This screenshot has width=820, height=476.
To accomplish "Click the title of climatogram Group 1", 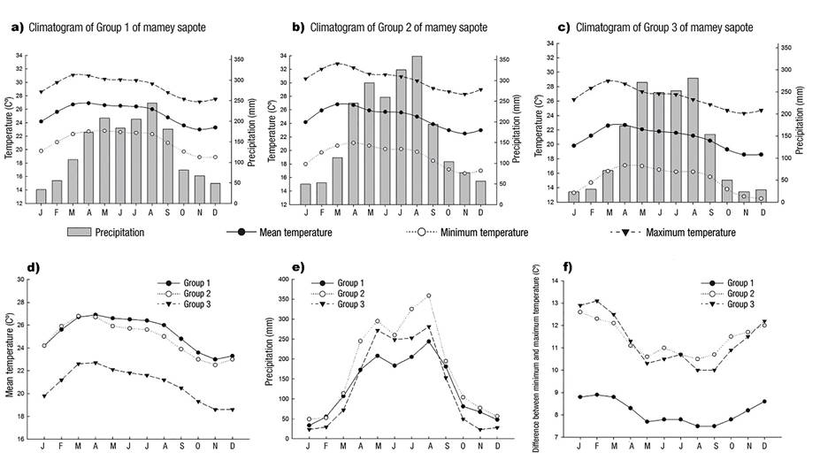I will [119, 27].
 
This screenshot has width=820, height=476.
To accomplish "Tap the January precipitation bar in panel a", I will [41, 196].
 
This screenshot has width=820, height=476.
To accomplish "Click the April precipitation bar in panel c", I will [625, 163].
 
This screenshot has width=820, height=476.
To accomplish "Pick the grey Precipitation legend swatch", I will [83, 233].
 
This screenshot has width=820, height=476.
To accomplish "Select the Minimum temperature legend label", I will [481, 233].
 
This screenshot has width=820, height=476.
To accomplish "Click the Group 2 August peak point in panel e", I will [428, 296].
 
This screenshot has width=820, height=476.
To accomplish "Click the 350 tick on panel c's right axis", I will [786, 47].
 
